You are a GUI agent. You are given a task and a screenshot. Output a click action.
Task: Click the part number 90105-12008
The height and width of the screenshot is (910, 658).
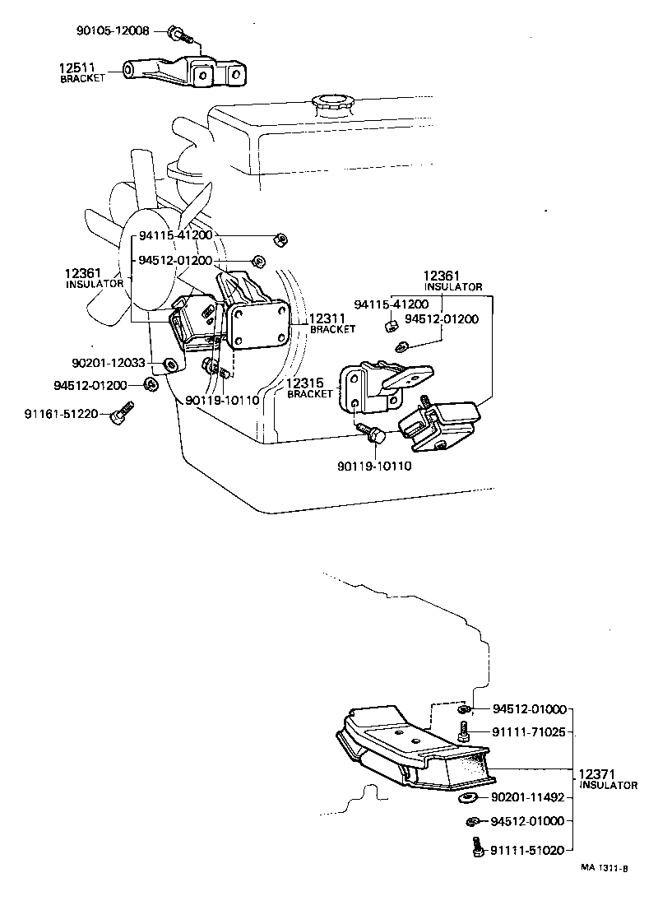coord(114,31)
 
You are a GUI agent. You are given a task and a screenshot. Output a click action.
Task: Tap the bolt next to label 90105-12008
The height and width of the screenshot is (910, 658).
coord(178,34)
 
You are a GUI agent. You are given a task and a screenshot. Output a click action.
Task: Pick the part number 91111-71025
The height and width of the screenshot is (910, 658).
coord(528,731)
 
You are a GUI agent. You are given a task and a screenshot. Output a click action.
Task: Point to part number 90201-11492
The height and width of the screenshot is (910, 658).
coord(528,797)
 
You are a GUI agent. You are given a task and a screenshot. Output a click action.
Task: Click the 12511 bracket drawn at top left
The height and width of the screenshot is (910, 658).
coord(186,72)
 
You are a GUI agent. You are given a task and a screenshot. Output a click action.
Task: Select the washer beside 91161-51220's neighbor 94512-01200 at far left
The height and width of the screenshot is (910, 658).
coord(151,383)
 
